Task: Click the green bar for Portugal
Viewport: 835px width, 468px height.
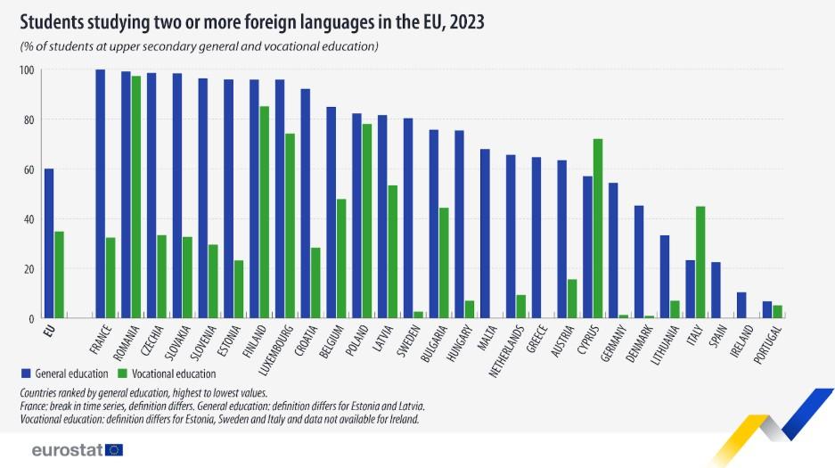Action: [777, 311]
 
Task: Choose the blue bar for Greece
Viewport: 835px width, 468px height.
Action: [536, 237]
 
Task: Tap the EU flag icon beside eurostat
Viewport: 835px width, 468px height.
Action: [114, 449]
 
